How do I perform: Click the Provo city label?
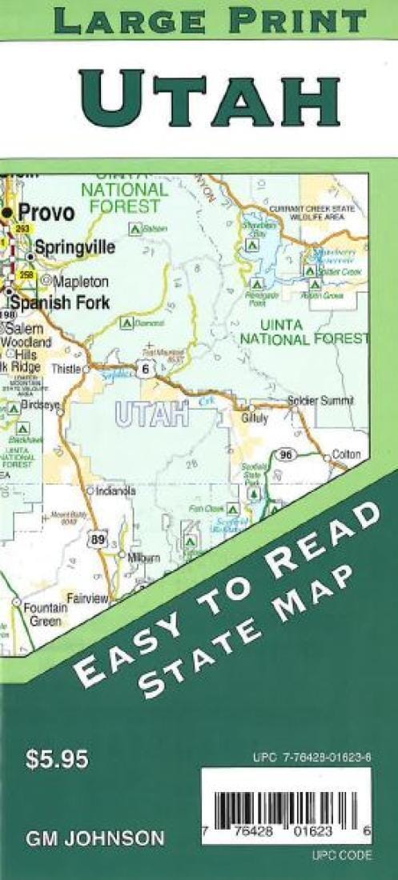46,213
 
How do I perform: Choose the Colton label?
346,454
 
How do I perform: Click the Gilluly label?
253,417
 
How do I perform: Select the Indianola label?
115,491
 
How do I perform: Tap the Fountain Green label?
45,614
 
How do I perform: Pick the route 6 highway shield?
144,369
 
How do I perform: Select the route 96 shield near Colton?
284,455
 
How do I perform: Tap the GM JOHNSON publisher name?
95,838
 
